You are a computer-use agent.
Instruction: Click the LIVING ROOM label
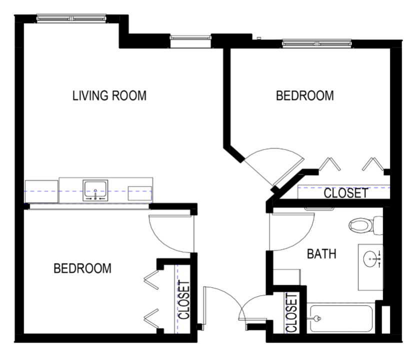tap(109, 95)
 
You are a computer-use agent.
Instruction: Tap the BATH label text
tap(321, 254)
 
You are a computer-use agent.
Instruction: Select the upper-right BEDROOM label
tap(304, 95)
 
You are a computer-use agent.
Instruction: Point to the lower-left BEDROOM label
tap(82, 268)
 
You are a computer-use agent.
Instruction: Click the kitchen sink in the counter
tap(95, 190)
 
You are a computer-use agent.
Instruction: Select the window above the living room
tap(71, 18)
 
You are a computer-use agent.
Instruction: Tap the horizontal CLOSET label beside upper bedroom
tap(346, 193)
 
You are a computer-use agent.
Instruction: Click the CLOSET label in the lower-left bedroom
tap(184, 300)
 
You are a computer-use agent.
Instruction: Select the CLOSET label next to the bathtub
tap(291, 313)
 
